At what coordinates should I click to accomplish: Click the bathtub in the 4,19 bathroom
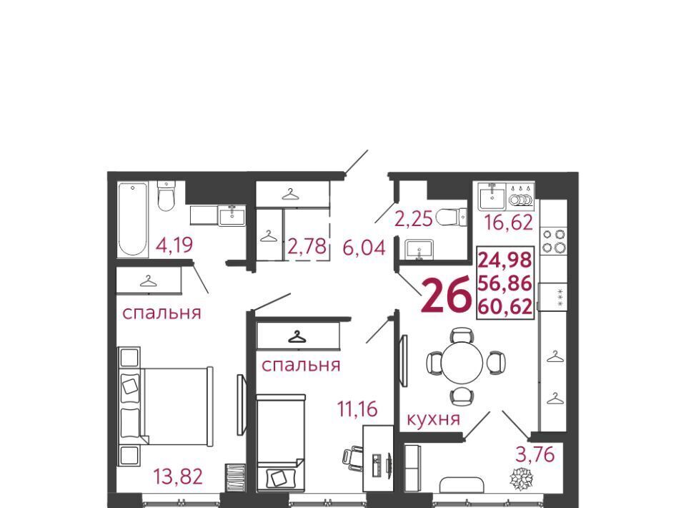(x=133, y=219)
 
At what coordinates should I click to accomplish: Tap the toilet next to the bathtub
(x=166, y=196)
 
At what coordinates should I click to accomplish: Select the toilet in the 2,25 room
(x=452, y=217)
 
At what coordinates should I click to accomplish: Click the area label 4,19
(x=174, y=245)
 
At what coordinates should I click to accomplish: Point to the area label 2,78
(x=307, y=246)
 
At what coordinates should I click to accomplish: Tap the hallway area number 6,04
(x=364, y=248)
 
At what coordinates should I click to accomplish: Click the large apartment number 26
(x=447, y=295)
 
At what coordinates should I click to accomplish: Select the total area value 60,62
(x=505, y=306)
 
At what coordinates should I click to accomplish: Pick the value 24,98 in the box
(x=505, y=260)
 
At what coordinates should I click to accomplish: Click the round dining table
(x=462, y=363)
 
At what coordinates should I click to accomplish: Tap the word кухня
(x=434, y=419)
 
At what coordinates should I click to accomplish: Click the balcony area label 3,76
(x=535, y=454)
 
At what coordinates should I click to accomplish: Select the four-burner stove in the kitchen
(x=553, y=241)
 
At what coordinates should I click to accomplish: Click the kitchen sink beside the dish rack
(x=492, y=197)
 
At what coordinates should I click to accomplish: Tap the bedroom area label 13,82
(x=178, y=477)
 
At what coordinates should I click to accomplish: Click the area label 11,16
(x=357, y=409)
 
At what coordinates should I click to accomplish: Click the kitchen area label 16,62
(x=509, y=222)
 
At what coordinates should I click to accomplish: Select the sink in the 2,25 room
(x=419, y=250)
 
